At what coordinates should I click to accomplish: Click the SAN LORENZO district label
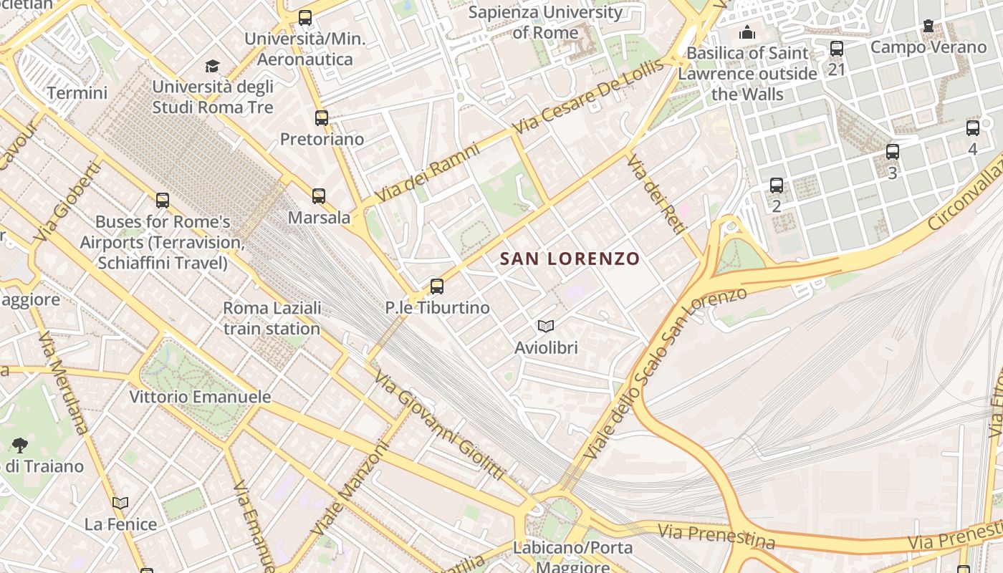point(569,259)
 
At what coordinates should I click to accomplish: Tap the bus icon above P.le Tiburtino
point(437,286)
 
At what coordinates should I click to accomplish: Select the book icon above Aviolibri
point(546,327)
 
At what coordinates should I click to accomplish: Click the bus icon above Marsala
point(319,196)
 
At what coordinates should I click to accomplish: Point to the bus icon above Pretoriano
point(322,118)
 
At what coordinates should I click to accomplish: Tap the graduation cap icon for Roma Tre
point(213,67)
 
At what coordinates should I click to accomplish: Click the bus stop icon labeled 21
point(837,49)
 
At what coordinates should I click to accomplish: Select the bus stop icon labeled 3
point(892,152)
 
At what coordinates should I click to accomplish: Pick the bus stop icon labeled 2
point(777,186)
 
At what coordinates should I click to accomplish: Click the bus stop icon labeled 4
point(972,128)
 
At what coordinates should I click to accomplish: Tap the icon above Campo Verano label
point(928,27)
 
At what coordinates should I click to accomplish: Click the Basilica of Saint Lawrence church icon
point(747,32)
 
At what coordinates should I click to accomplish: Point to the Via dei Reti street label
point(656,194)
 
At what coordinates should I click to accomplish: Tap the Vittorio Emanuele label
point(200,397)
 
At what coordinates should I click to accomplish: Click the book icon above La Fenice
point(120,504)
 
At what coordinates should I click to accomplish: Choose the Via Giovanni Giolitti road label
point(440,426)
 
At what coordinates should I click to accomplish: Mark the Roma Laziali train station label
point(272,319)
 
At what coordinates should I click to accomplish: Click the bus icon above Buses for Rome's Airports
point(163,201)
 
